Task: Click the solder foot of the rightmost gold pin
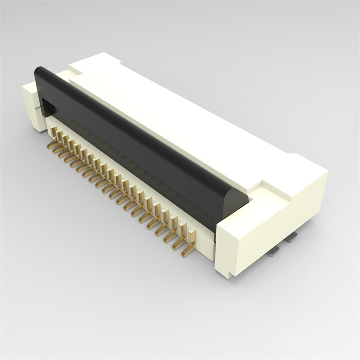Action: (x=187, y=252)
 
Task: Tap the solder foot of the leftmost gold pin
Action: (x=51, y=144)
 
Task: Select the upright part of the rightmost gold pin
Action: (x=192, y=237)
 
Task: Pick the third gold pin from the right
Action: (x=174, y=226)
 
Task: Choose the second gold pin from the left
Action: (x=60, y=137)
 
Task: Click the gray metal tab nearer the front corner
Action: (x=274, y=252)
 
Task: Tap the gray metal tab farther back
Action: (x=292, y=235)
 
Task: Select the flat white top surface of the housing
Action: (x=182, y=120)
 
